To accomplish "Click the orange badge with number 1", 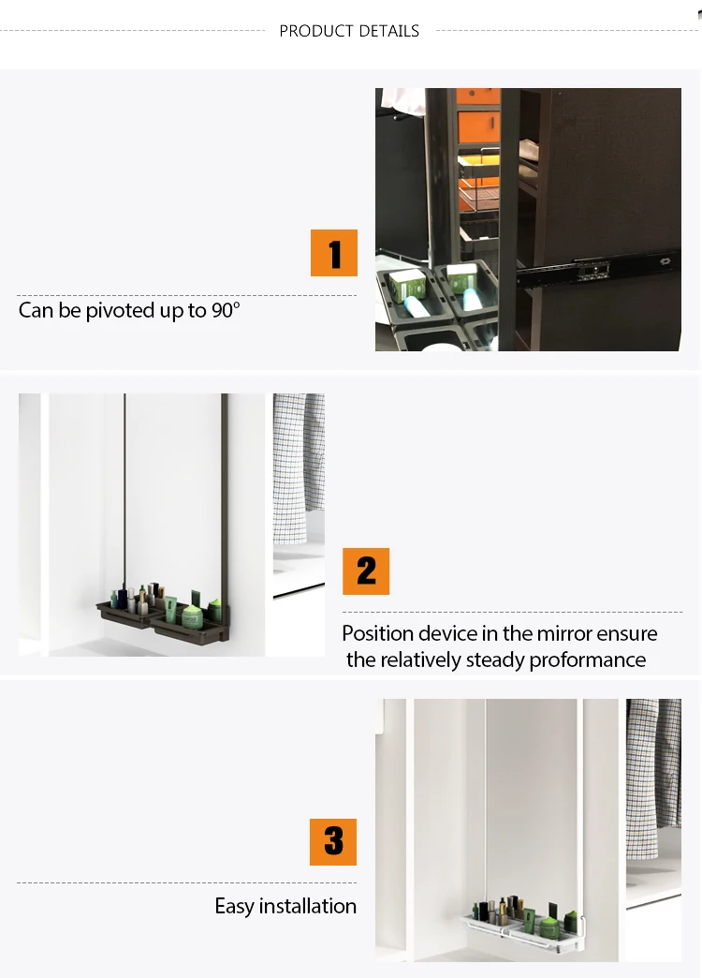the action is (x=334, y=253).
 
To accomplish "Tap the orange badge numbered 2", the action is (x=366, y=571).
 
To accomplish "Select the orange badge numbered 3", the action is (x=333, y=842).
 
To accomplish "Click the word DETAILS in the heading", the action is (x=390, y=31).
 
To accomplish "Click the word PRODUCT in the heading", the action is (x=318, y=31).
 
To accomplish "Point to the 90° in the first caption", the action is (x=226, y=310).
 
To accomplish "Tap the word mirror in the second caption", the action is (x=563, y=633).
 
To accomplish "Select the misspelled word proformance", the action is (x=587, y=660).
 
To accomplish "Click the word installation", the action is (x=307, y=906).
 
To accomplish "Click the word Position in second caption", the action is (x=378, y=633).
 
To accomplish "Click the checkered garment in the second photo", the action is (x=299, y=467).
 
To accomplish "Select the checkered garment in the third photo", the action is (x=653, y=778).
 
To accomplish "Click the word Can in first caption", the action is (x=36, y=310).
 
